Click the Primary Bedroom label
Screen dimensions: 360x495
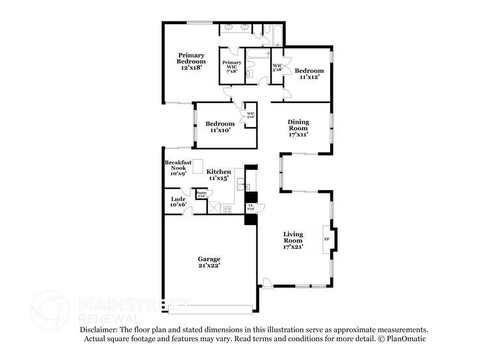191,61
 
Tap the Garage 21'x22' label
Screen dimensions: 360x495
209,262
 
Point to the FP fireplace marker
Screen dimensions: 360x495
327,239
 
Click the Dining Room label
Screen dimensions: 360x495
298,128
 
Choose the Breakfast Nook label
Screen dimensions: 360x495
178,168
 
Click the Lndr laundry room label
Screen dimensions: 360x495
178,202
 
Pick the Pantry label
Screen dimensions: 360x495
201,193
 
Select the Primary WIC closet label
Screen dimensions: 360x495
231,66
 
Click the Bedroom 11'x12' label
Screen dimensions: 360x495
309,74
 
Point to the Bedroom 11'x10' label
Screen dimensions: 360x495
219,127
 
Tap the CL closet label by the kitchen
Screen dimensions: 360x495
251,207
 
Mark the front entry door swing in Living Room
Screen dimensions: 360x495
266,282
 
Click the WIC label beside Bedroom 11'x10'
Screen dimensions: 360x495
250,115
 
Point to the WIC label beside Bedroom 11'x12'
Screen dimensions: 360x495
277,67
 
